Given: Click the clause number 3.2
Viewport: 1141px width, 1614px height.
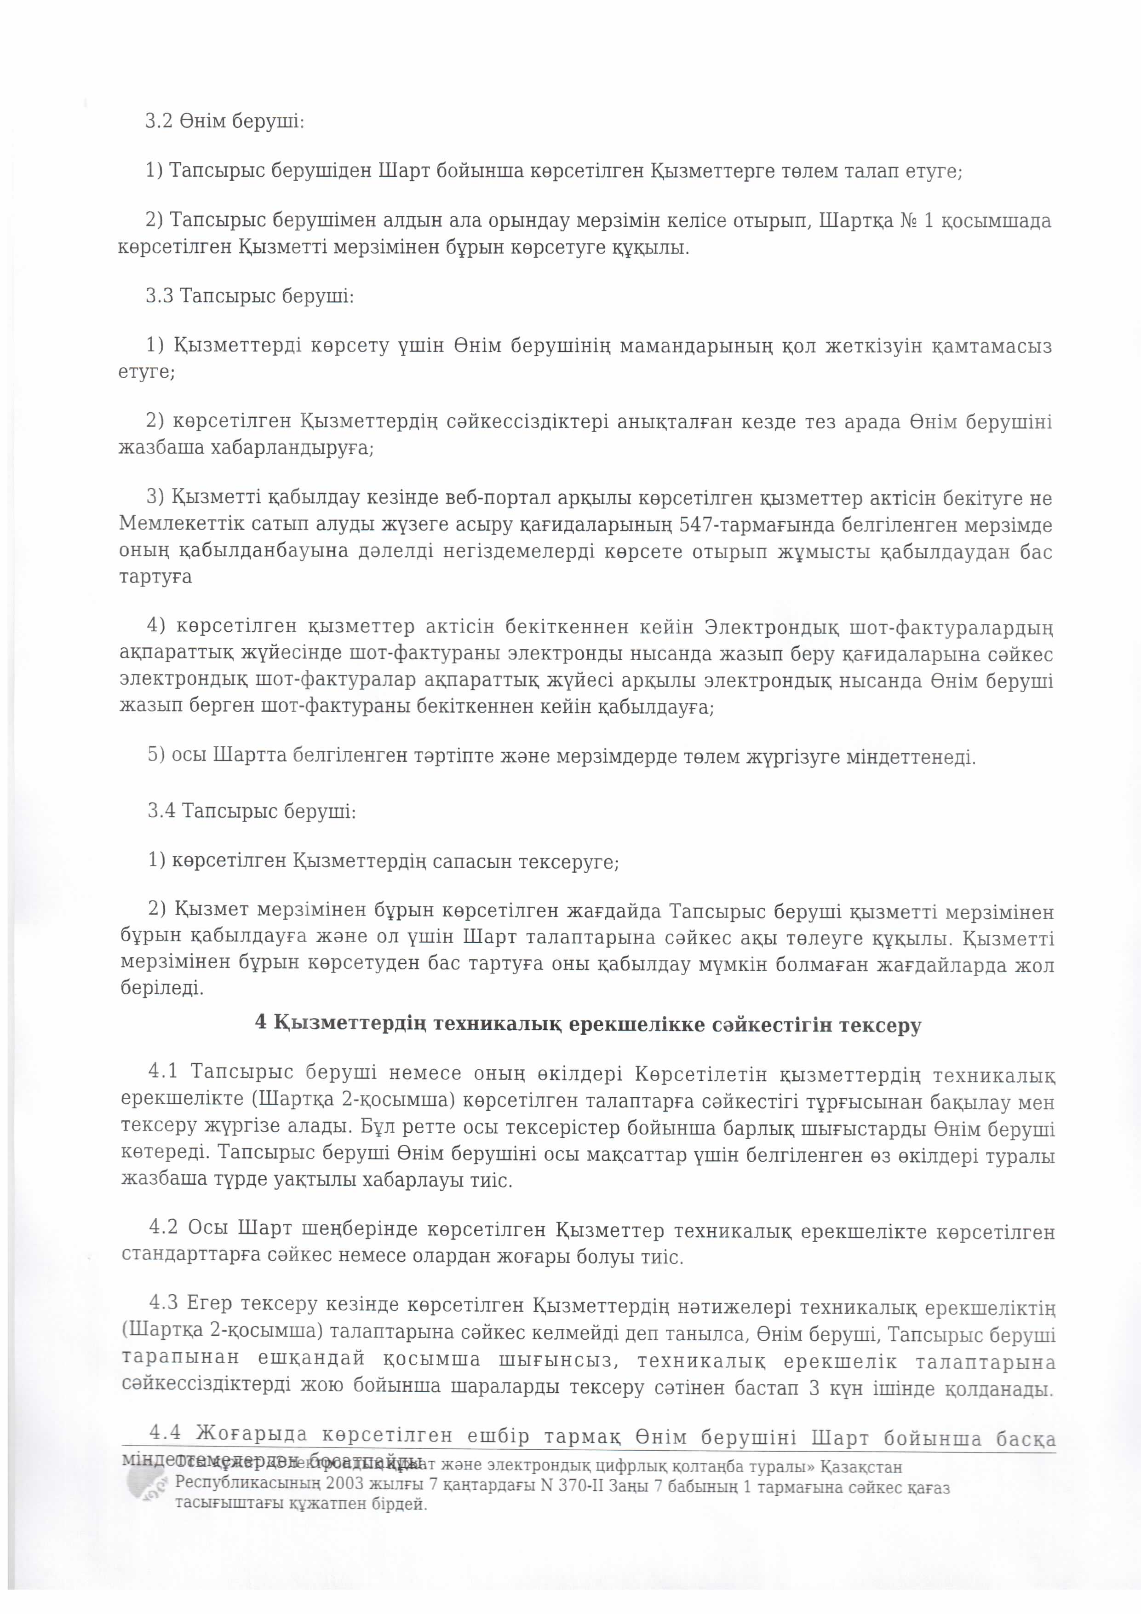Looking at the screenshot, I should click(158, 121).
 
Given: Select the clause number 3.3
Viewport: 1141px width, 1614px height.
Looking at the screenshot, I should click(160, 295).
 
